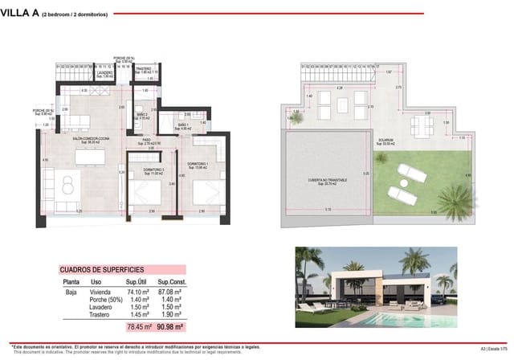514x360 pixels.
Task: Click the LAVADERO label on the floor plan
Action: (104, 72)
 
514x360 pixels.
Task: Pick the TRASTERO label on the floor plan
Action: (143, 70)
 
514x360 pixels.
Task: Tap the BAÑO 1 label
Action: (183, 125)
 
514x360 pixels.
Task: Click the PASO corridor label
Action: (147, 140)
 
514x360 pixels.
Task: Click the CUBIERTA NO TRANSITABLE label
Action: (314, 181)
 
